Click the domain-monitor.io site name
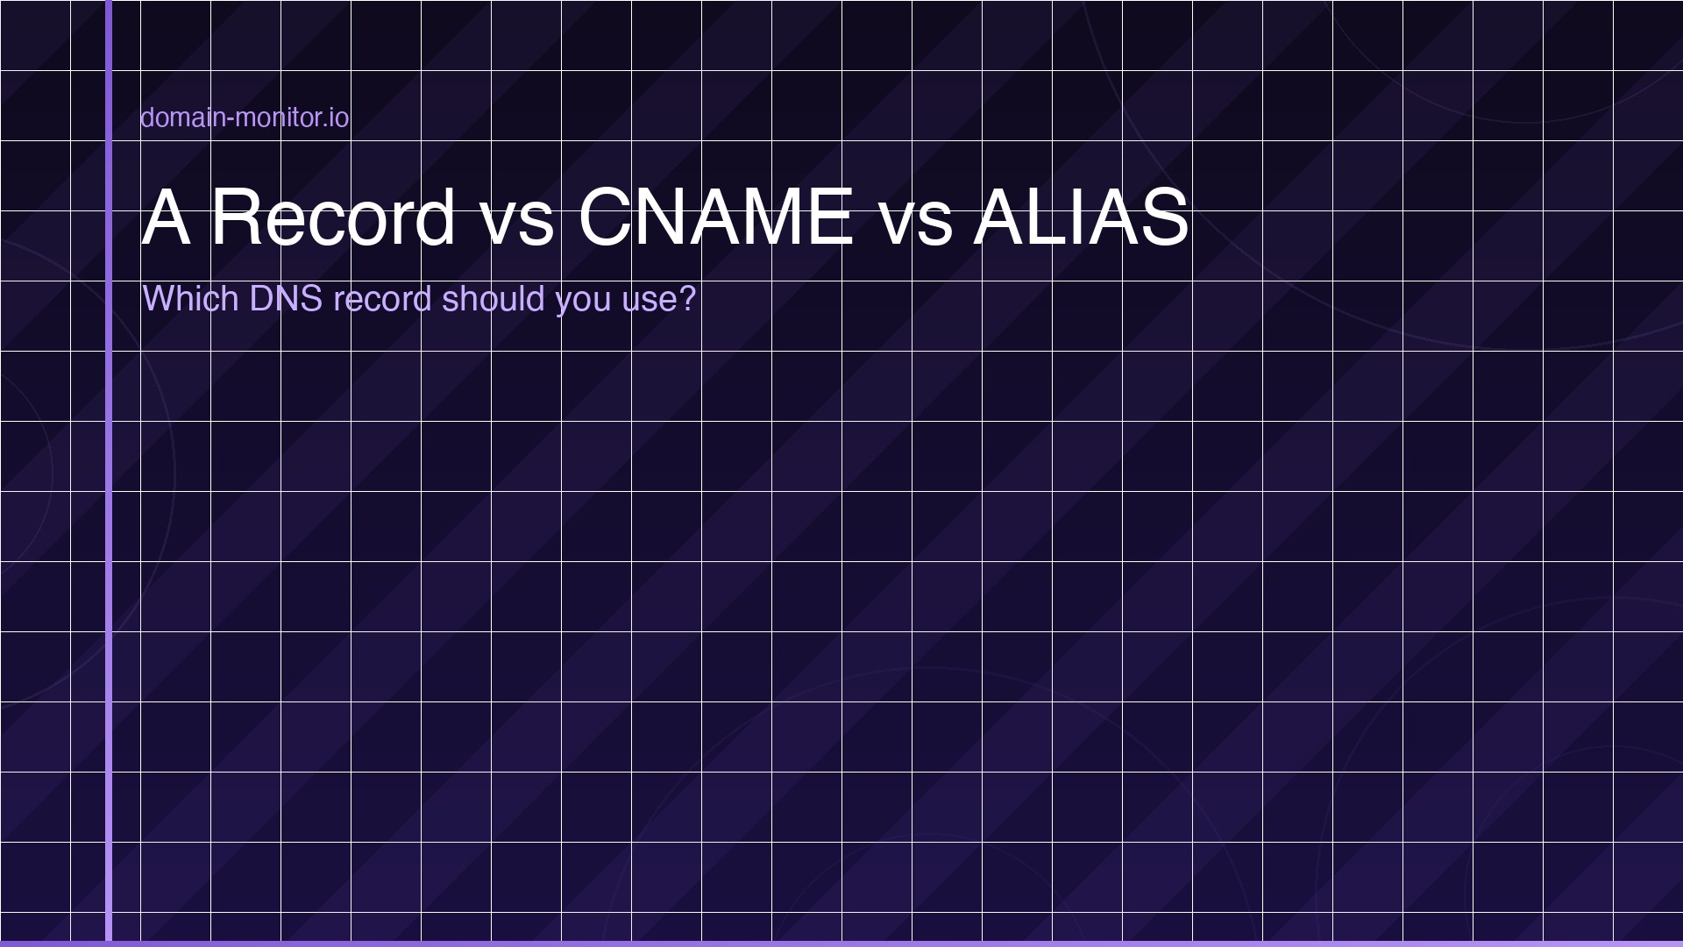[245, 117]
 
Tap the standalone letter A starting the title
[166, 217]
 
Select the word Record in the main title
[333, 217]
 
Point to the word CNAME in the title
[715, 217]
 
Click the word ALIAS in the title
[1081, 217]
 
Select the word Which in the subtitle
[190, 299]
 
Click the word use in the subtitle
[649, 301]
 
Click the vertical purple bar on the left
[109, 526]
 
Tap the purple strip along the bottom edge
[841, 943]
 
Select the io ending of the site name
[340, 117]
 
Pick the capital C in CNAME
[607, 217]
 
